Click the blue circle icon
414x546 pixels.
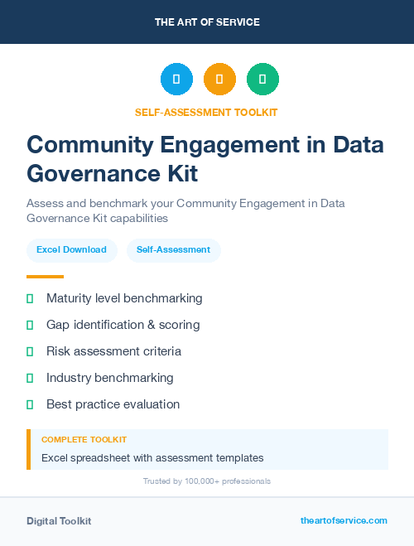pyautogui.click(x=176, y=79)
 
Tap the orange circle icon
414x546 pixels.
pyautogui.click(x=219, y=79)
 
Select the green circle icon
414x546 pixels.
pyautogui.click(x=262, y=79)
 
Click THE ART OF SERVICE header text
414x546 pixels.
pyautogui.click(x=207, y=22)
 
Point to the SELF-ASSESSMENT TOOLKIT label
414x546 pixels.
pyautogui.click(x=206, y=112)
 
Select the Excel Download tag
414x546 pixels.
pyautogui.click(x=71, y=249)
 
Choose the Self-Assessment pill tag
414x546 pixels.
pyautogui.click(x=173, y=249)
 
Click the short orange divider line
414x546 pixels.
pyautogui.click(x=45, y=276)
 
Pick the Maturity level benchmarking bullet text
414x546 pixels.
pyautogui.click(x=124, y=298)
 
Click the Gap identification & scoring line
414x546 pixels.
pyautogui.click(x=123, y=325)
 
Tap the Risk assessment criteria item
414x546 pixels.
pyautogui.click(x=113, y=351)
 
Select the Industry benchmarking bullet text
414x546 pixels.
pyautogui.click(x=109, y=378)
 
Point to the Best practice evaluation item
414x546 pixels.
pyautogui.click(x=113, y=404)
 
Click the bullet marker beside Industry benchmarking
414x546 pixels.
pyautogui.click(x=30, y=378)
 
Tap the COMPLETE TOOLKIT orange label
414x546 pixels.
pyautogui.click(x=84, y=439)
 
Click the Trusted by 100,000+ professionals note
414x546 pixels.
pyautogui.click(x=207, y=481)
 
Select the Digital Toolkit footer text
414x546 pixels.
pyautogui.click(x=59, y=520)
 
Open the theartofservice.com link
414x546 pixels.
pyautogui.click(x=344, y=520)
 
